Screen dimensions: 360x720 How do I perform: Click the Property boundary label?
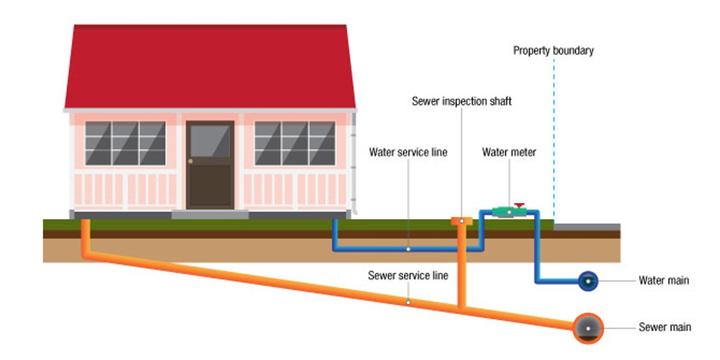(x=553, y=50)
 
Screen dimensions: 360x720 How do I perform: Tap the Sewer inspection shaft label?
(x=461, y=101)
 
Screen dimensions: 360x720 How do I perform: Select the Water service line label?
(x=408, y=152)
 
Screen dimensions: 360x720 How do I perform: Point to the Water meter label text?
(x=509, y=152)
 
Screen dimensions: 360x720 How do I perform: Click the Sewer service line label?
(x=408, y=276)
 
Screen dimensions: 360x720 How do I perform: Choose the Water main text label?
(x=664, y=280)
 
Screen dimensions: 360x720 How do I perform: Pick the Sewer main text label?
(x=665, y=328)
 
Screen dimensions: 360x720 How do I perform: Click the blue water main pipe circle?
(x=588, y=280)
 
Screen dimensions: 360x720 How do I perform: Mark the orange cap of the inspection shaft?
(x=461, y=221)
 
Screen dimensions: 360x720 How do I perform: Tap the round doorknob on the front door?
(x=191, y=162)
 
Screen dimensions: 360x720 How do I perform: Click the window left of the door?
(x=125, y=143)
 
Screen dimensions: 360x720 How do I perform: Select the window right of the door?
(x=295, y=143)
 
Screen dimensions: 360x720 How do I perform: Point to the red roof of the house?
(x=210, y=66)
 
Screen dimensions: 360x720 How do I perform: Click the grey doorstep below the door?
(x=210, y=214)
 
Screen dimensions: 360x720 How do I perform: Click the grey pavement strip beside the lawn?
(x=587, y=227)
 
